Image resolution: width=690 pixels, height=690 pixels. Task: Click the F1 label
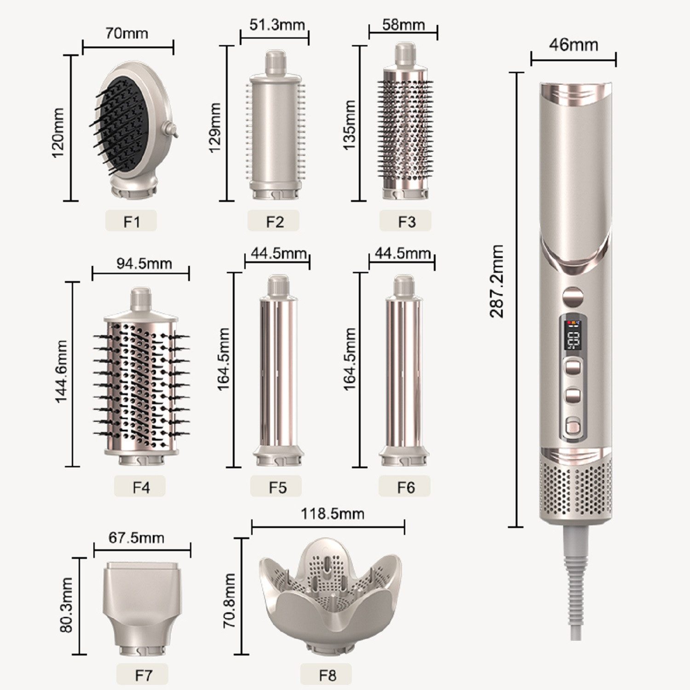tap(131, 221)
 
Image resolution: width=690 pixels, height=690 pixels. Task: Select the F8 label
tap(327, 675)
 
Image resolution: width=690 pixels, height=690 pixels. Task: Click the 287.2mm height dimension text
tap(497, 281)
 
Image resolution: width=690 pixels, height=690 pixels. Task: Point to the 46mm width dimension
tap(573, 45)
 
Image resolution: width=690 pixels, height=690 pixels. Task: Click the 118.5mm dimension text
tap(332, 513)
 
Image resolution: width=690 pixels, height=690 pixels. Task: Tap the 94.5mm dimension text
tap(144, 264)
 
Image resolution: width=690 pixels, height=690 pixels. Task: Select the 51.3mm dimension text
tap(277, 24)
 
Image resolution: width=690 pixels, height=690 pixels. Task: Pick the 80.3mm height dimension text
tap(66, 605)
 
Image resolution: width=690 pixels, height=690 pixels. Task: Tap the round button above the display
tap(573, 297)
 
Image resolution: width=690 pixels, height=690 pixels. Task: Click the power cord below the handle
tap(577, 584)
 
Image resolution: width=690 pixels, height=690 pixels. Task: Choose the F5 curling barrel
tap(278, 373)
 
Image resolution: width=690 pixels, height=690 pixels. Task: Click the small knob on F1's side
tap(173, 131)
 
